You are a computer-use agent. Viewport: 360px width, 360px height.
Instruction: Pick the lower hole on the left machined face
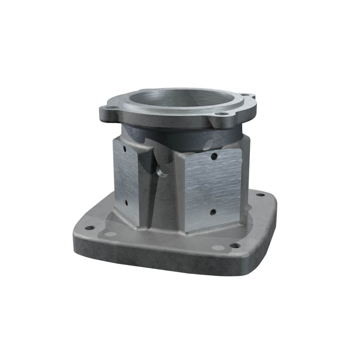[x=126, y=203]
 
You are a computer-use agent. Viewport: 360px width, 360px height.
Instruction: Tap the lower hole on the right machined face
[x=213, y=212]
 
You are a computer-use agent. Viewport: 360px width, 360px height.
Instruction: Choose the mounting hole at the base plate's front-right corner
[x=235, y=245]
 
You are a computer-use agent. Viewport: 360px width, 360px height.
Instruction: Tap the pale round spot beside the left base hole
[x=110, y=234]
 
